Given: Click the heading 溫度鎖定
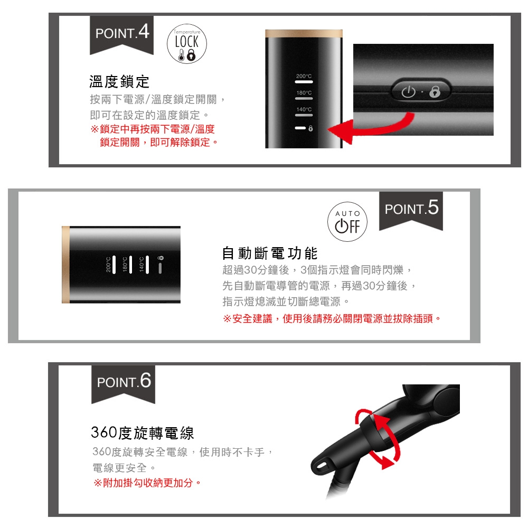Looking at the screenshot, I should click(x=119, y=82).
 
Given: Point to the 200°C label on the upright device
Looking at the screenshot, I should click(x=304, y=77).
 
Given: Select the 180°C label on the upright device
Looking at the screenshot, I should click(x=304, y=93).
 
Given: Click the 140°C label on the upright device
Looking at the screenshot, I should click(x=304, y=109).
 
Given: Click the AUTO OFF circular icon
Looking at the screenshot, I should click(x=347, y=220).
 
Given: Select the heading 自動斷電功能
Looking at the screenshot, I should click(x=270, y=253).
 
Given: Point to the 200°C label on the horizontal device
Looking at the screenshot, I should click(x=109, y=265).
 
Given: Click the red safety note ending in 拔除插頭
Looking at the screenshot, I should click(x=332, y=319).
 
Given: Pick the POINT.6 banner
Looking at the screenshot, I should click(x=124, y=381).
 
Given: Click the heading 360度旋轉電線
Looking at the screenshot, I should click(x=143, y=433).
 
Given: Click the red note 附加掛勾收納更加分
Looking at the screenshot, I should click(x=147, y=483).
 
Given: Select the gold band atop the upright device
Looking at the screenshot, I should click(x=304, y=33).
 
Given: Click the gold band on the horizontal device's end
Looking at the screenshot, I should click(x=65, y=265).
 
